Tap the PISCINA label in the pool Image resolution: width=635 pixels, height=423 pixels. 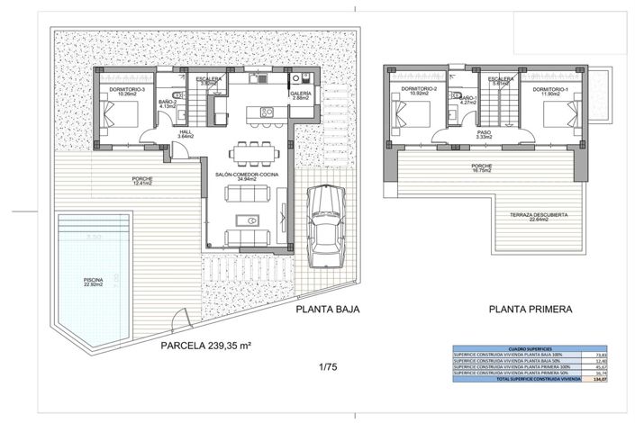pos(91,281)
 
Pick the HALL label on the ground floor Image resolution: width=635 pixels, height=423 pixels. pos(186,133)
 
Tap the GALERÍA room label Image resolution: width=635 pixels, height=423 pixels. pos(301,94)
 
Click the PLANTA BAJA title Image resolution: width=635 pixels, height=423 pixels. pos(328,309)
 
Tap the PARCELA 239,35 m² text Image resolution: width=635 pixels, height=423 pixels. pos(206,345)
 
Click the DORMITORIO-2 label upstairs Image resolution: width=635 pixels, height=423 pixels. pos(419,90)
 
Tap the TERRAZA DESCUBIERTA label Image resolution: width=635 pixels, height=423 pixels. pos(538,215)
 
